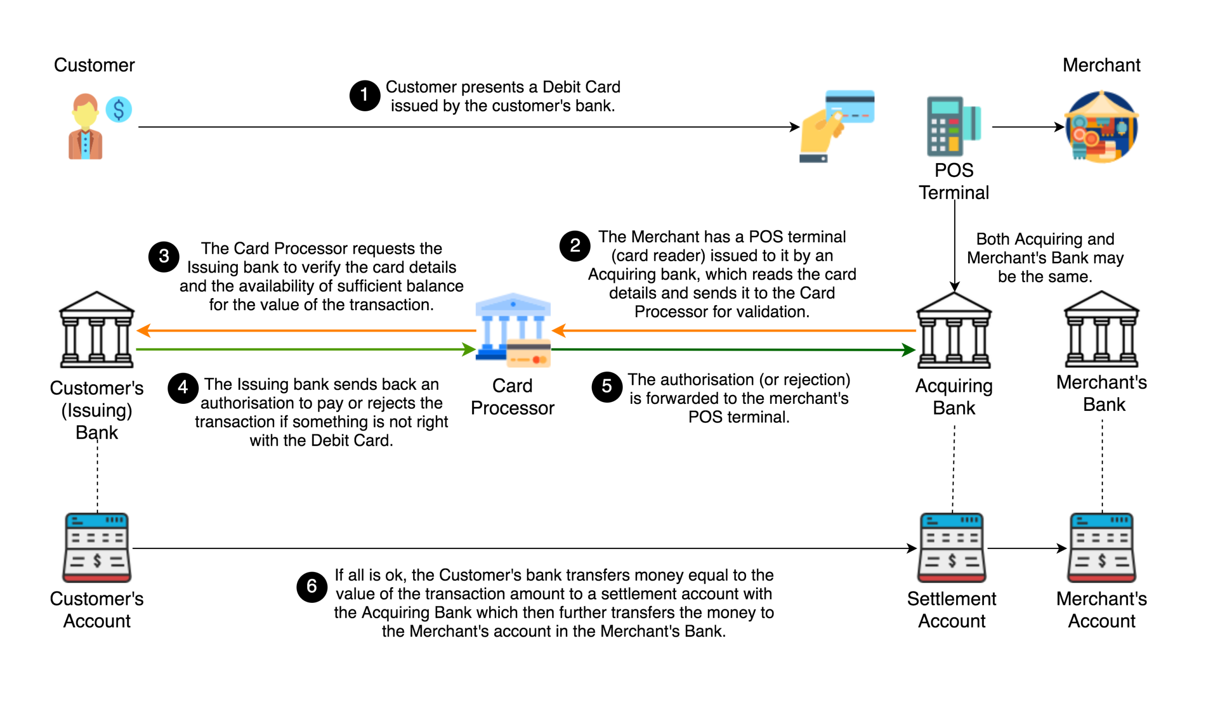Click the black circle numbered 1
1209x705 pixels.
coord(365,95)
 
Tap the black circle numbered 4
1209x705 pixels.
coord(182,388)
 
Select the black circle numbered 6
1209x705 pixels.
coord(312,586)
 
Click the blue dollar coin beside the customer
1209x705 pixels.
coord(119,109)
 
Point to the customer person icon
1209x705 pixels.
coord(85,127)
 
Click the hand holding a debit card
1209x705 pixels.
coord(836,126)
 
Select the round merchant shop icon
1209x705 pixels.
coord(1101,127)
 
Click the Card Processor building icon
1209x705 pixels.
coord(513,330)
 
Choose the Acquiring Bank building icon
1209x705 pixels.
coord(954,330)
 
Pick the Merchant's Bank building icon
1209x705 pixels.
coord(1101,329)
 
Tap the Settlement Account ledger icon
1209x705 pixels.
coord(952,547)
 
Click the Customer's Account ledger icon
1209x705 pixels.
coord(97,547)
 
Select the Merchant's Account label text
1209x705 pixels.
coord(1101,609)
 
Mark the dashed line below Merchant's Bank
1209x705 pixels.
coord(1102,466)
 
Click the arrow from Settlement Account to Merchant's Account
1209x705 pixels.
coord(1027,548)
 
